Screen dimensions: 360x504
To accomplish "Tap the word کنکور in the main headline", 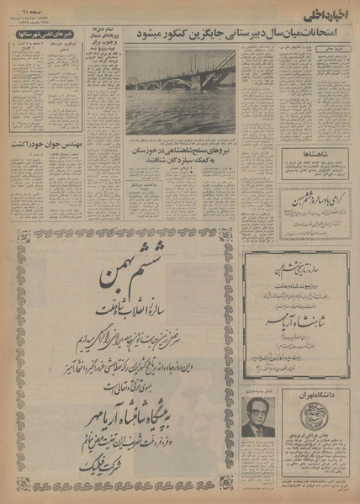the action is coord(155,36).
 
